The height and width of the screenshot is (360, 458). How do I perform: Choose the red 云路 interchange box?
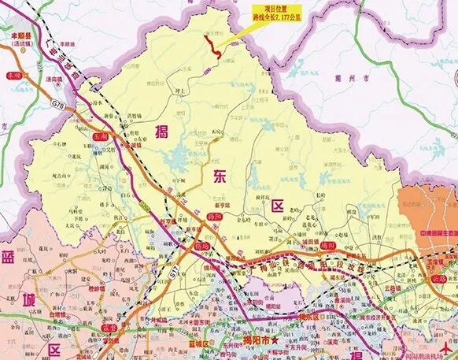(x=438, y=279)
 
